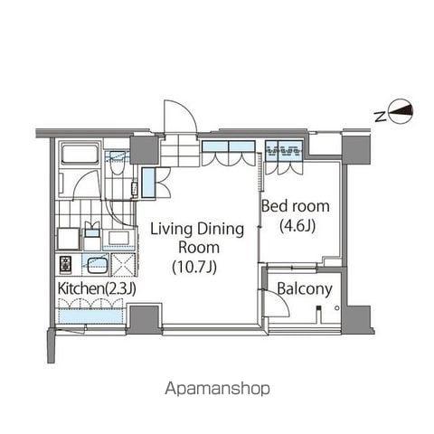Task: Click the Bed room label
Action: pyautogui.click(x=295, y=206)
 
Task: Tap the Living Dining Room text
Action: pyautogui.click(x=197, y=238)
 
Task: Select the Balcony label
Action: pyautogui.click(x=305, y=288)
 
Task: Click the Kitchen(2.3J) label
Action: pyautogui.click(x=97, y=288)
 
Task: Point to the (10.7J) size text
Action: pyautogui.click(x=194, y=267)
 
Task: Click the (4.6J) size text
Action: pyautogui.click(x=297, y=226)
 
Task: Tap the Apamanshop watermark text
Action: pyautogui.click(x=217, y=389)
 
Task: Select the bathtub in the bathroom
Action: pyautogui.click(x=80, y=154)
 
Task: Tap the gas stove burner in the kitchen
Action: pyautogui.click(x=65, y=264)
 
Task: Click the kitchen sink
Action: pyautogui.click(x=98, y=266)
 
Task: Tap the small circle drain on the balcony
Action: pyautogui.click(x=337, y=307)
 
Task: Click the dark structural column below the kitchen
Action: pyautogui.click(x=143, y=319)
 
